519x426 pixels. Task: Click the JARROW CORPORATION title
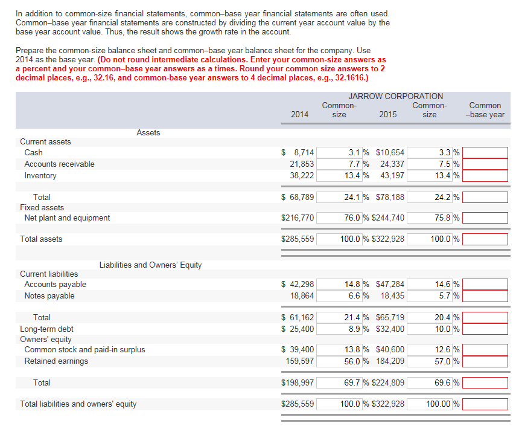pos(395,96)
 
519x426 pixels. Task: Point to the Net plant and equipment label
pos(67,218)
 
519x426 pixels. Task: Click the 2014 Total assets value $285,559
pos(298,239)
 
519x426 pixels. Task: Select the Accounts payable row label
pos(55,285)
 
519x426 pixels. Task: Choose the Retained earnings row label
pos(56,361)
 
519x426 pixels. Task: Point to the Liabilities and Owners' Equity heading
pos(150,265)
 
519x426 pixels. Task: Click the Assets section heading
pos(148,133)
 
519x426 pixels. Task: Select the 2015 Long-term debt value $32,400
pos(390,329)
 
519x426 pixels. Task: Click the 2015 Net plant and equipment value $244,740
pos(390,218)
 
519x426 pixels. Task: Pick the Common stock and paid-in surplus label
pos(84,350)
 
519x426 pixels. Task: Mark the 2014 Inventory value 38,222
pos(299,176)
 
